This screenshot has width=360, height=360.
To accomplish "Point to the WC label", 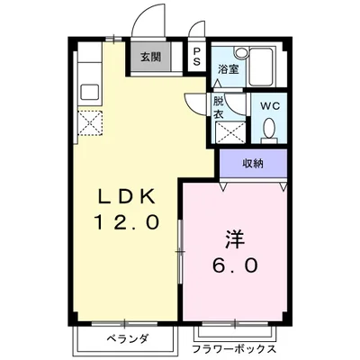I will [x=270, y=106].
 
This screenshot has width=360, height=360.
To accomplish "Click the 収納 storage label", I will [x=253, y=163].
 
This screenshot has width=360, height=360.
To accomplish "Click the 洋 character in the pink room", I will [x=233, y=241].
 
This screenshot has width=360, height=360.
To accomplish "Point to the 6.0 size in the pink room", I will [x=237, y=266].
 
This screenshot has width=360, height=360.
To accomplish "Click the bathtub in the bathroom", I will [x=266, y=66].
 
